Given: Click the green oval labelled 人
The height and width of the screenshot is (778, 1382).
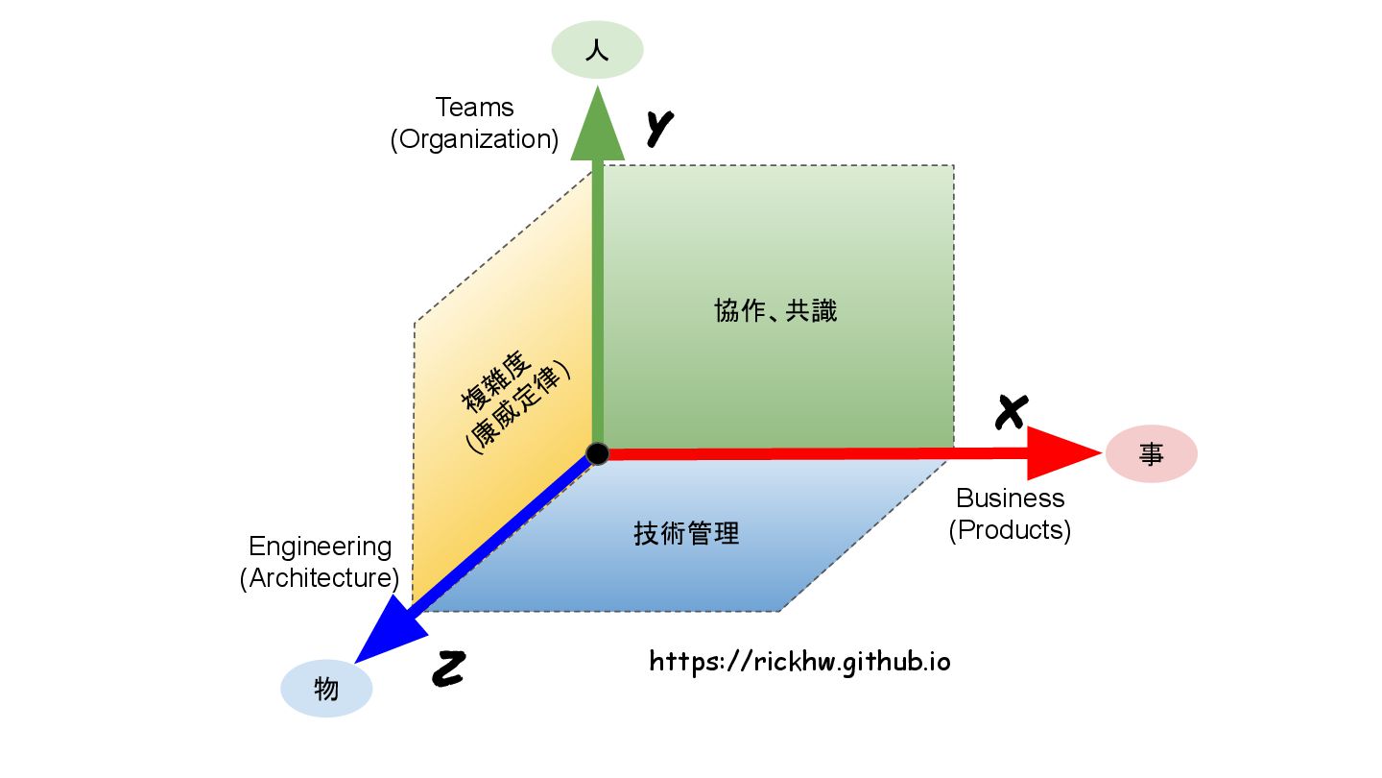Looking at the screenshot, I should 597,50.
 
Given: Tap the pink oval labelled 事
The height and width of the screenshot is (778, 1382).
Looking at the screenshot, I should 1151,454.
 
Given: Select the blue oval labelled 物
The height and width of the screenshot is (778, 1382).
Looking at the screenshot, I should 326,689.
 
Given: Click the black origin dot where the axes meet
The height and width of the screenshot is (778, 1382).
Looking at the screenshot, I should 598,453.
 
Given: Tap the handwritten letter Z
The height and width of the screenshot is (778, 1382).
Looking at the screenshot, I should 447,669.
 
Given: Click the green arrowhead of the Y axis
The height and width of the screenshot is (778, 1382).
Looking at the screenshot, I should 597,125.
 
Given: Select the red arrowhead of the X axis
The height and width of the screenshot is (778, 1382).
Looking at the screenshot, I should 1060,453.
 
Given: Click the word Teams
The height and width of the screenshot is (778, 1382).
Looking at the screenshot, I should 474,108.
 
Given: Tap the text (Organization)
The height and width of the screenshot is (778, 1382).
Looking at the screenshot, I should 474,139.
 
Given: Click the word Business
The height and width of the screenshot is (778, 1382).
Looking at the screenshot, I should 1011,498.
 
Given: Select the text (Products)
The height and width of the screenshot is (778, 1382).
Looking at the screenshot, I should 1010,530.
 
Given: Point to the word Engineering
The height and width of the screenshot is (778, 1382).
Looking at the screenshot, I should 320,547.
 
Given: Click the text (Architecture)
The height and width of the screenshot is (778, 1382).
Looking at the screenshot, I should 320,578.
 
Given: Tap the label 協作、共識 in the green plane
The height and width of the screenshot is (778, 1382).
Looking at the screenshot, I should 775,311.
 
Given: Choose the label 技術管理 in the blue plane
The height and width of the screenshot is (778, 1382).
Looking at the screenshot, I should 686,533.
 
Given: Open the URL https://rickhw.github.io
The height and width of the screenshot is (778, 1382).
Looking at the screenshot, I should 799,662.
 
